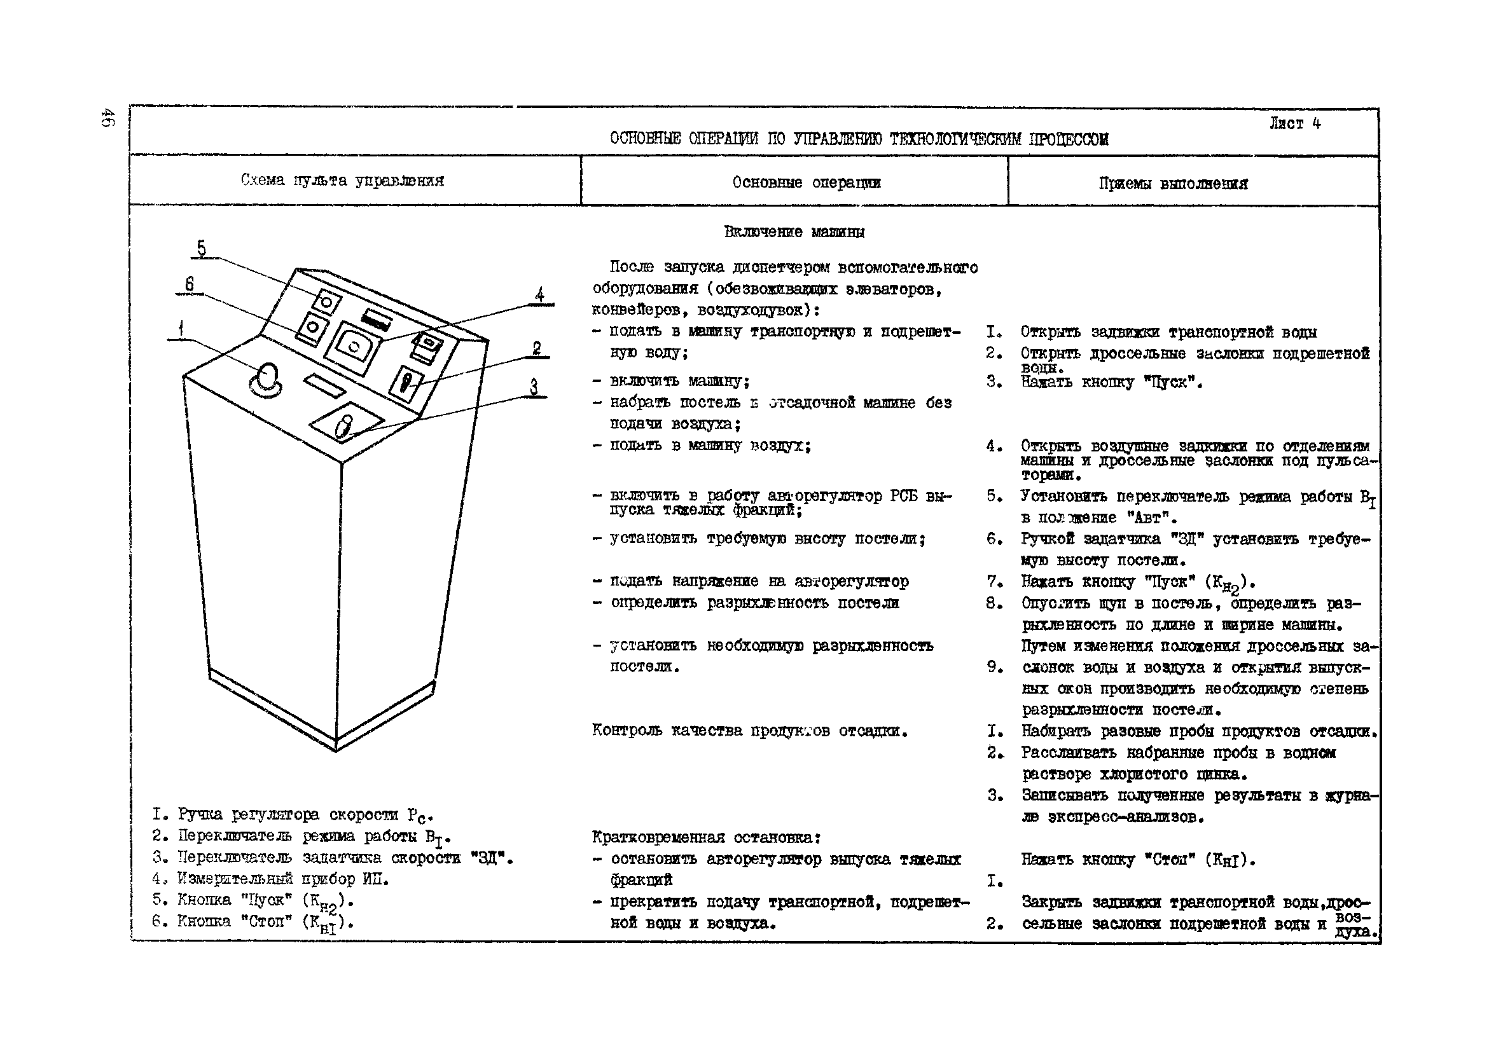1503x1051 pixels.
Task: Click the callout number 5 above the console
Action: (x=202, y=249)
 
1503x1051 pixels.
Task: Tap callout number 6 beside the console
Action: (x=189, y=284)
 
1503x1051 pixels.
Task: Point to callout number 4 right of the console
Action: (x=539, y=295)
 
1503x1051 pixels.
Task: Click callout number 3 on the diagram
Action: (x=534, y=387)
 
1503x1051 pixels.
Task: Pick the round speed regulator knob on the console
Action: (x=267, y=380)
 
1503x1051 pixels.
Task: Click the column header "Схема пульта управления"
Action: (x=342, y=181)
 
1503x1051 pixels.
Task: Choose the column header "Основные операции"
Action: (x=807, y=182)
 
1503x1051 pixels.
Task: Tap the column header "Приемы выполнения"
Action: (x=1173, y=183)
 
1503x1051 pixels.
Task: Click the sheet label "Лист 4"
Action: (x=1295, y=124)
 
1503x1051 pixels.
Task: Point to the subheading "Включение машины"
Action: (x=794, y=231)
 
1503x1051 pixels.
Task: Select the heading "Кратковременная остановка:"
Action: (x=706, y=837)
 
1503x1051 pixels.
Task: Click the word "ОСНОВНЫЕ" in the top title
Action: (x=646, y=139)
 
